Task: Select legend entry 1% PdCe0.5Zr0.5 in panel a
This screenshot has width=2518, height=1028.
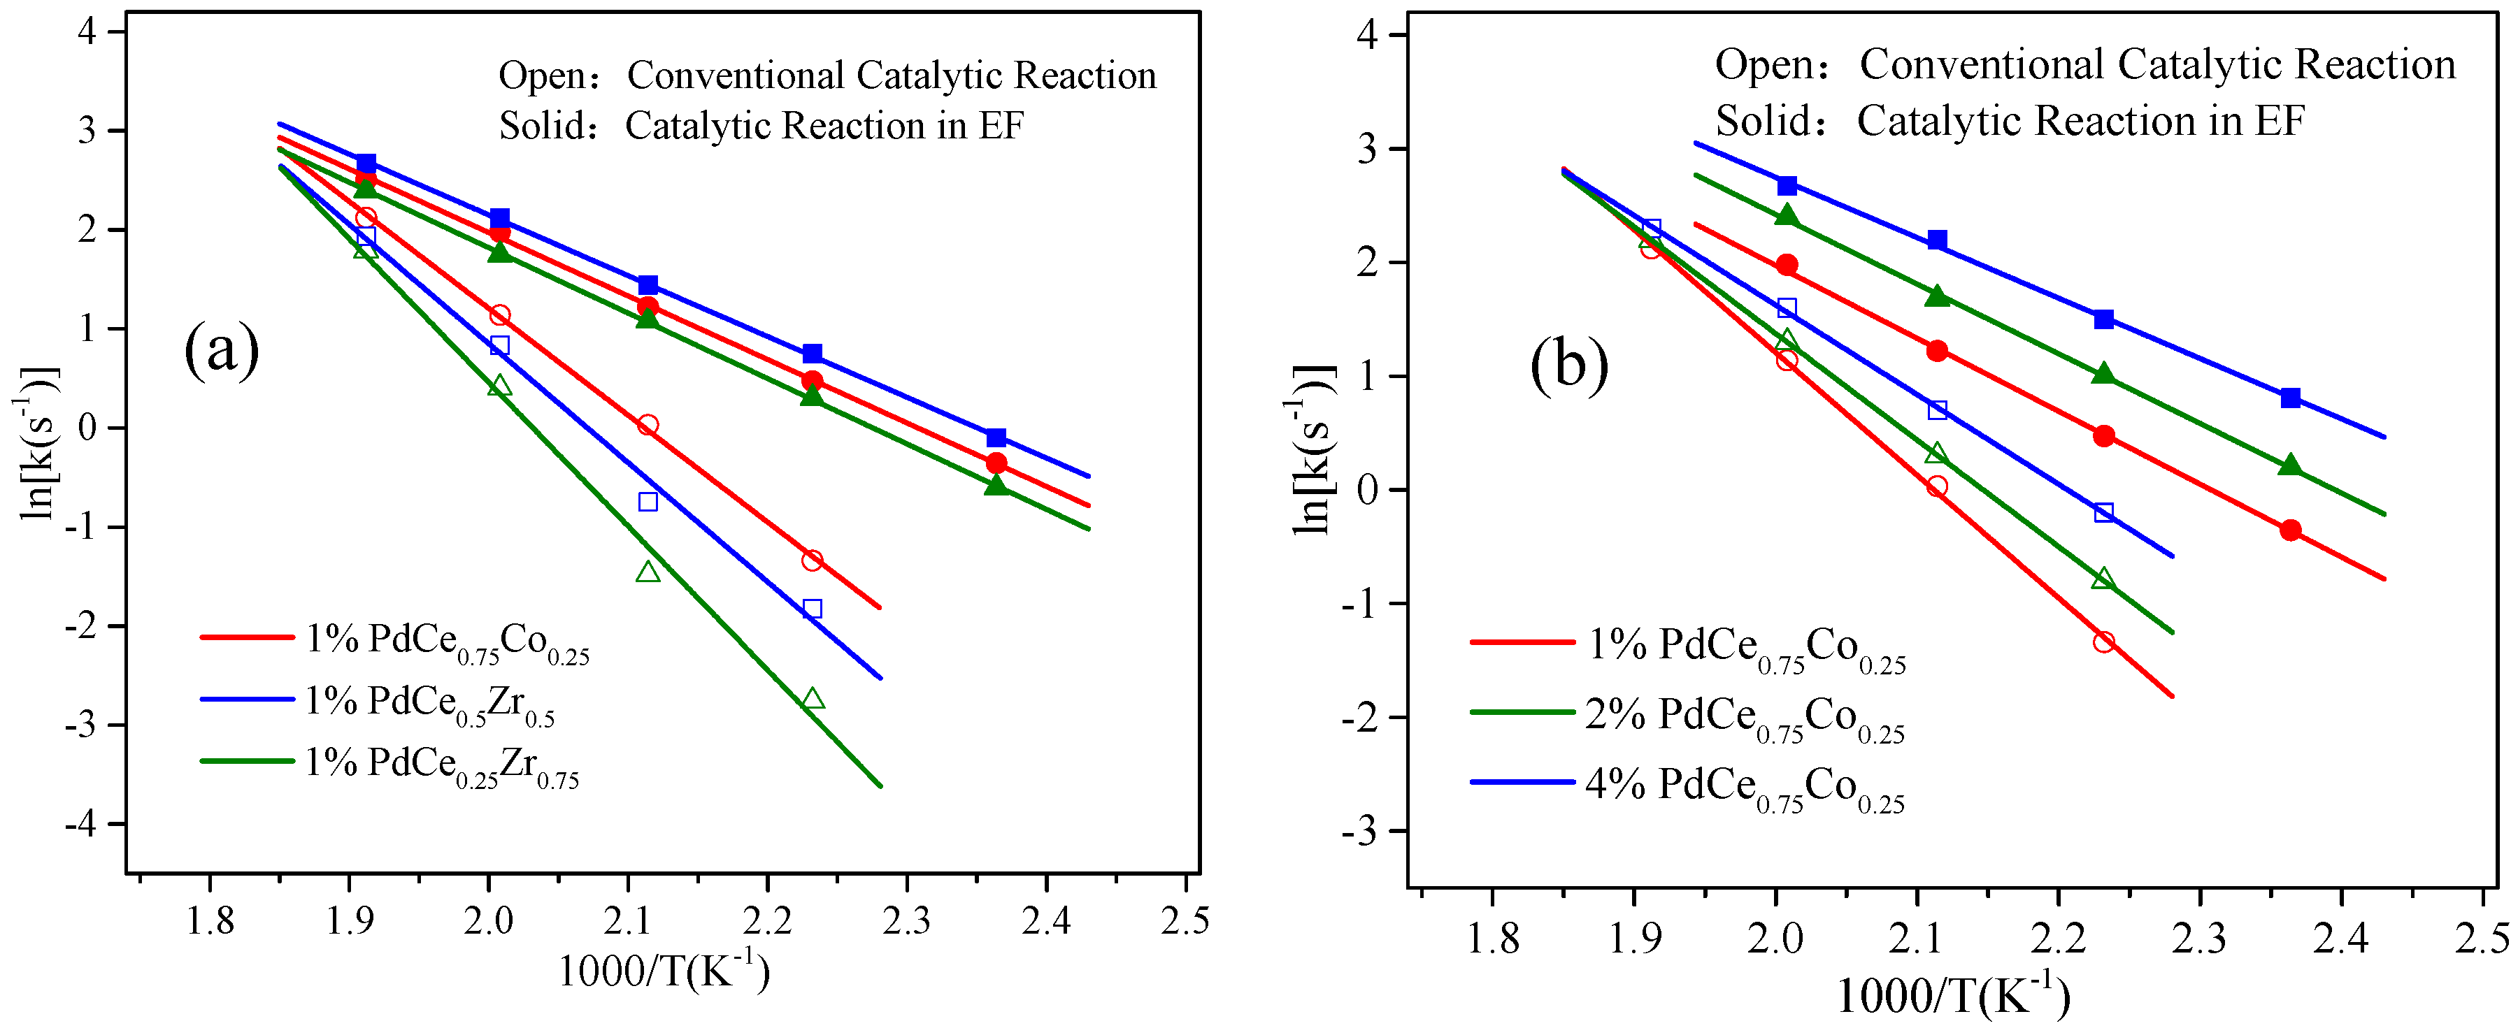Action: [430, 702]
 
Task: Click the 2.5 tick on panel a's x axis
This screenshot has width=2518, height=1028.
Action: [1185, 920]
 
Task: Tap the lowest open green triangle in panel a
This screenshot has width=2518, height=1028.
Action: [813, 699]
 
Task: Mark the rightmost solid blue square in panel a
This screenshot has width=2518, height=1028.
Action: [996, 437]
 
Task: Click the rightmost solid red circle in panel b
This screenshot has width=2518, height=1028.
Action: [2290, 530]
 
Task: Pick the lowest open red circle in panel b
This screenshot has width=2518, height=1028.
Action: [2103, 642]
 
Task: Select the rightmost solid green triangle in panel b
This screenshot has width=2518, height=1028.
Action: [2290, 466]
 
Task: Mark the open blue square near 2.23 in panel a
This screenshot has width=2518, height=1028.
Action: [813, 609]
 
